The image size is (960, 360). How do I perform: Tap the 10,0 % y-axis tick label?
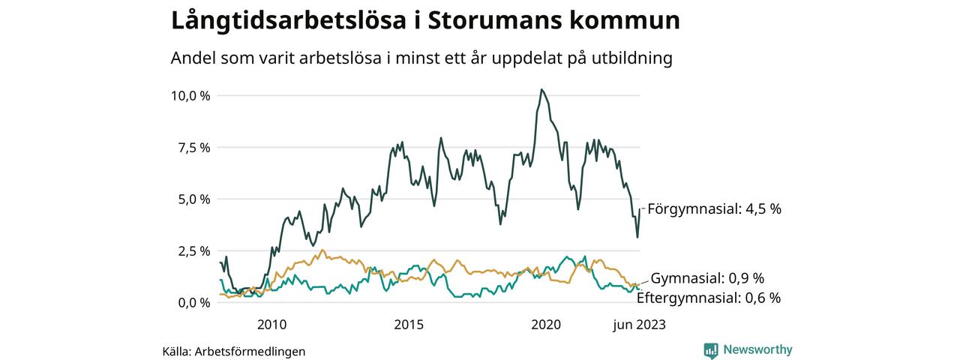(190, 96)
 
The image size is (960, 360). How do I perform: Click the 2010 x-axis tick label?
(271, 325)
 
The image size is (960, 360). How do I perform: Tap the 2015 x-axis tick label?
(409, 325)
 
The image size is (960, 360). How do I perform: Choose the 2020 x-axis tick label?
(546, 325)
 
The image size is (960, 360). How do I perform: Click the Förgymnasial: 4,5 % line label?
(714, 209)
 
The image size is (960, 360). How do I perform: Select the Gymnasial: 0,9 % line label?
(707, 278)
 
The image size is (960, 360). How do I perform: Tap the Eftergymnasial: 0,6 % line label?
(708, 298)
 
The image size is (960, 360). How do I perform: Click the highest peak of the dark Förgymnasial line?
(541, 90)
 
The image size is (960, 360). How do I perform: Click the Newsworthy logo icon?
(711, 349)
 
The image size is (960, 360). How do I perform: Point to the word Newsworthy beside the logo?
(757, 349)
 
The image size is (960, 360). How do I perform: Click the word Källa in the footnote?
(175, 351)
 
